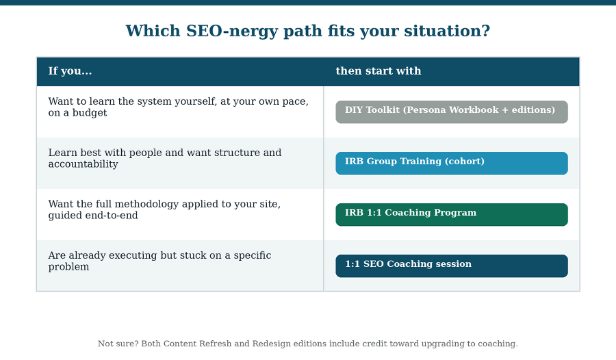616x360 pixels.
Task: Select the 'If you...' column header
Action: click(x=70, y=71)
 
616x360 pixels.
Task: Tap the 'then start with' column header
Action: click(x=378, y=71)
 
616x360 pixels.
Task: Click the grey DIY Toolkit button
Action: click(x=452, y=112)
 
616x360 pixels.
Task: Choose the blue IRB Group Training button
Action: click(x=452, y=163)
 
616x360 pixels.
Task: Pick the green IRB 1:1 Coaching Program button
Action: click(x=452, y=215)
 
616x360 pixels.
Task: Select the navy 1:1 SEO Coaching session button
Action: click(x=452, y=266)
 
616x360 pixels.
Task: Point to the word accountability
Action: click(x=83, y=164)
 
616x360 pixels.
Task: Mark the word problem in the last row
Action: click(x=68, y=267)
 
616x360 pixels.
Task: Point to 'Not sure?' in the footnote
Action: click(x=118, y=344)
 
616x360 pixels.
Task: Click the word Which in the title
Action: click(x=153, y=31)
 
